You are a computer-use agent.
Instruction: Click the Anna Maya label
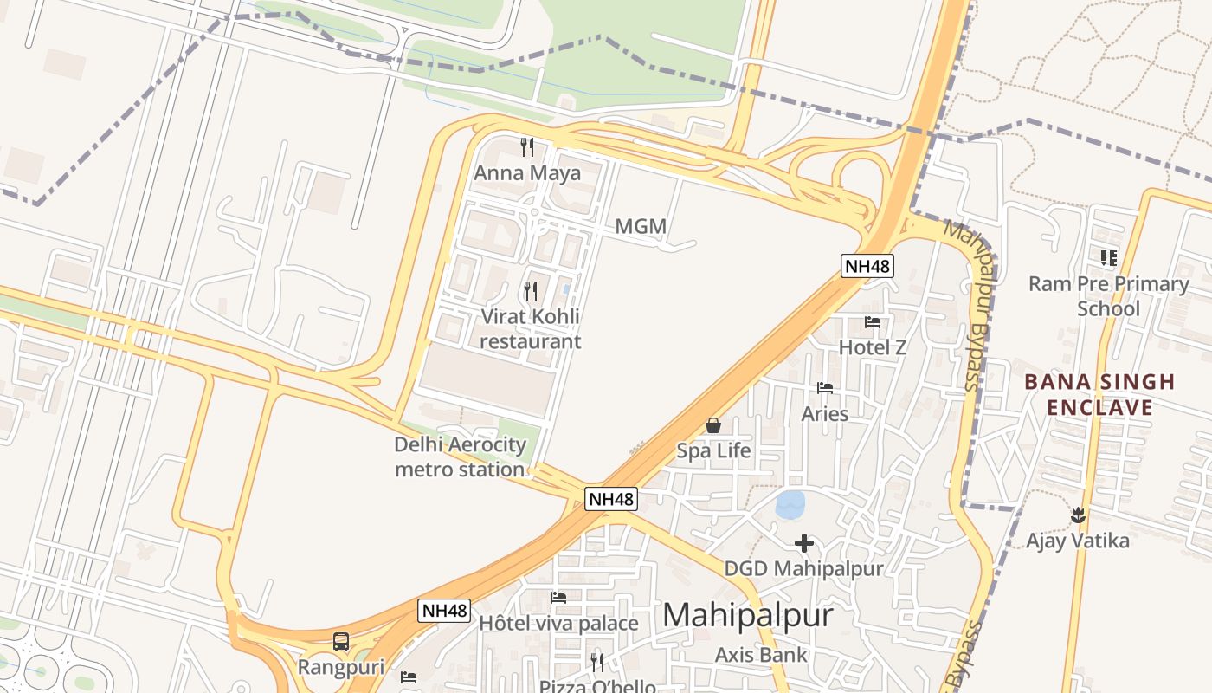point(526,173)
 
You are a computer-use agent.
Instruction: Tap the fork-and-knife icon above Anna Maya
point(526,147)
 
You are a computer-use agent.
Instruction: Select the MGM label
point(641,227)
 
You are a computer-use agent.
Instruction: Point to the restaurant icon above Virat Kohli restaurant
point(531,290)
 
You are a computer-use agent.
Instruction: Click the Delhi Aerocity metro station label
point(460,457)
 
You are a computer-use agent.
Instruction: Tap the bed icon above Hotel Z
point(873,322)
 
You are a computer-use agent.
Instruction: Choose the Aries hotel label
point(824,414)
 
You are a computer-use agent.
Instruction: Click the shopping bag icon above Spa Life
point(713,424)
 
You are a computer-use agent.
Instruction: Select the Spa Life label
point(713,450)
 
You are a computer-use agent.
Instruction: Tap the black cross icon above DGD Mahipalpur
point(804,543)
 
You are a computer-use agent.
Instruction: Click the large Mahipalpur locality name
point(747,615)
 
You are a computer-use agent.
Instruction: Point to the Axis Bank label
point(761,655)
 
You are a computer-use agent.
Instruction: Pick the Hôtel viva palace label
point(558,624)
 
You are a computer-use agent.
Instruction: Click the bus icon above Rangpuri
point(341,642)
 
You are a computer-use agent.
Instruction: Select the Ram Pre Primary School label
point(1108,296)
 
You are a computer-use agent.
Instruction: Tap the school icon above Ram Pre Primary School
point(1109,257)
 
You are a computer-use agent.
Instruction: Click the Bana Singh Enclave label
point(1099,394)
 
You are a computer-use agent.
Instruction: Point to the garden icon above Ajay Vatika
point(1078,515)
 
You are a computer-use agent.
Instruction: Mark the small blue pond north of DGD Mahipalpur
point(790,504)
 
